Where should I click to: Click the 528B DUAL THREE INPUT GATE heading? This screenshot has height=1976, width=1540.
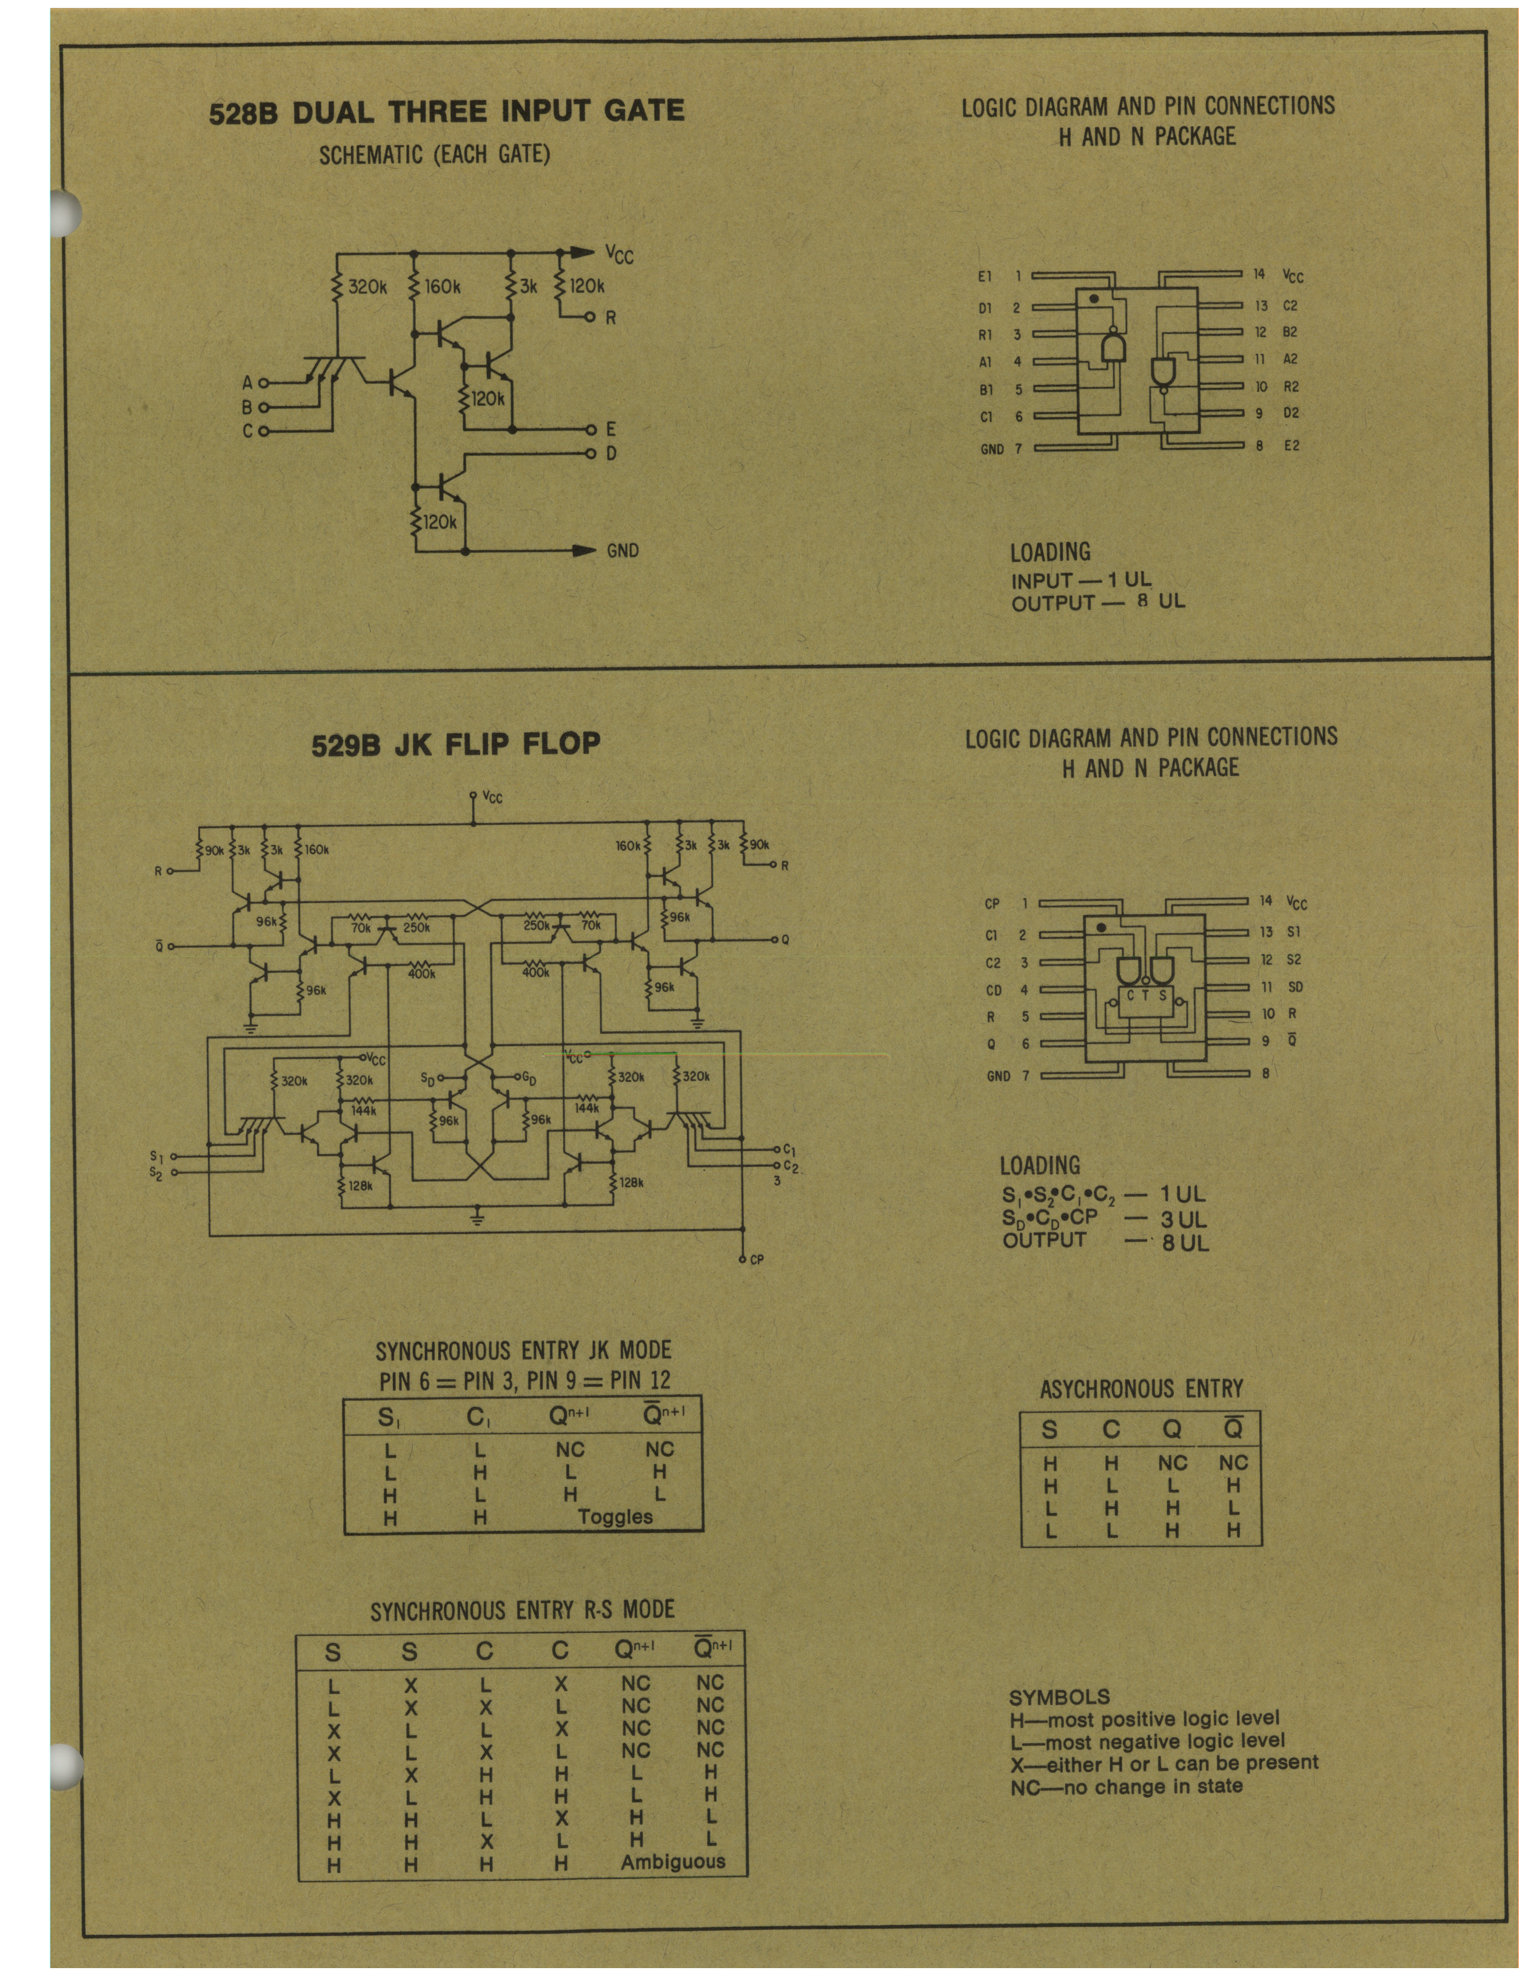click(447, 112)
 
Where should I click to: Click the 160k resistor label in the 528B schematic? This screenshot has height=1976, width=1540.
click(443, 287)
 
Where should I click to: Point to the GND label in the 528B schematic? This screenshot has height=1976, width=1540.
click(623, 550)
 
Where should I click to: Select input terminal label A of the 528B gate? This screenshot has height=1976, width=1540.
click(246, 384)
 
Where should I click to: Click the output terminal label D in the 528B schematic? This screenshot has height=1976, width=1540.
click(611, 453)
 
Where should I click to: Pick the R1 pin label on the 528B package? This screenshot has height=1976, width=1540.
click(986, 335)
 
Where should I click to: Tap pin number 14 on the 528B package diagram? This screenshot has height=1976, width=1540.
click(1260, 273)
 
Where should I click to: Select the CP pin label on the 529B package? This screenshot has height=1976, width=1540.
click(993, 904)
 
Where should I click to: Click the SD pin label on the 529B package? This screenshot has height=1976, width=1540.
click(1295, 987)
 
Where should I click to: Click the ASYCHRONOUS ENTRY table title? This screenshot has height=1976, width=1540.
click(1141, 1389)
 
